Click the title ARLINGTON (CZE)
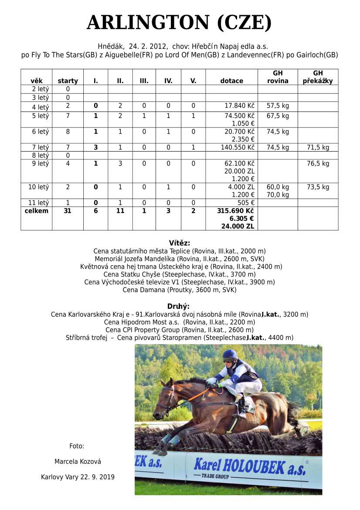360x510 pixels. click(179, 23)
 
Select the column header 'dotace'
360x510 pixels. click(231, 81)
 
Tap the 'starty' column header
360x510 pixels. click(68, 81)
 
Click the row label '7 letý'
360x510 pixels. click(36, 148)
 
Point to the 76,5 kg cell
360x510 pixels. click(318, 164)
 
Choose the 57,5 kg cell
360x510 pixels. click(278, 106)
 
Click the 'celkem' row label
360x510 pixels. click(36, 211)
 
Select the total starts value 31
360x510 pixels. click(68, 211)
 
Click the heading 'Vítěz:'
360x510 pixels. click(180, 243)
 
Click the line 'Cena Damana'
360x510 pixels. click(180, 290)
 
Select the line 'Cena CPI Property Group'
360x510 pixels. click(180, 330)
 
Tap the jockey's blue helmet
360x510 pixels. click(229, 355)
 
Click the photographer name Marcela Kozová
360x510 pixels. click(78, 462)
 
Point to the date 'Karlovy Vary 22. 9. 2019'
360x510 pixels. click(78, 477)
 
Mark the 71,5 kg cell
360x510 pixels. click(318, 148)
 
